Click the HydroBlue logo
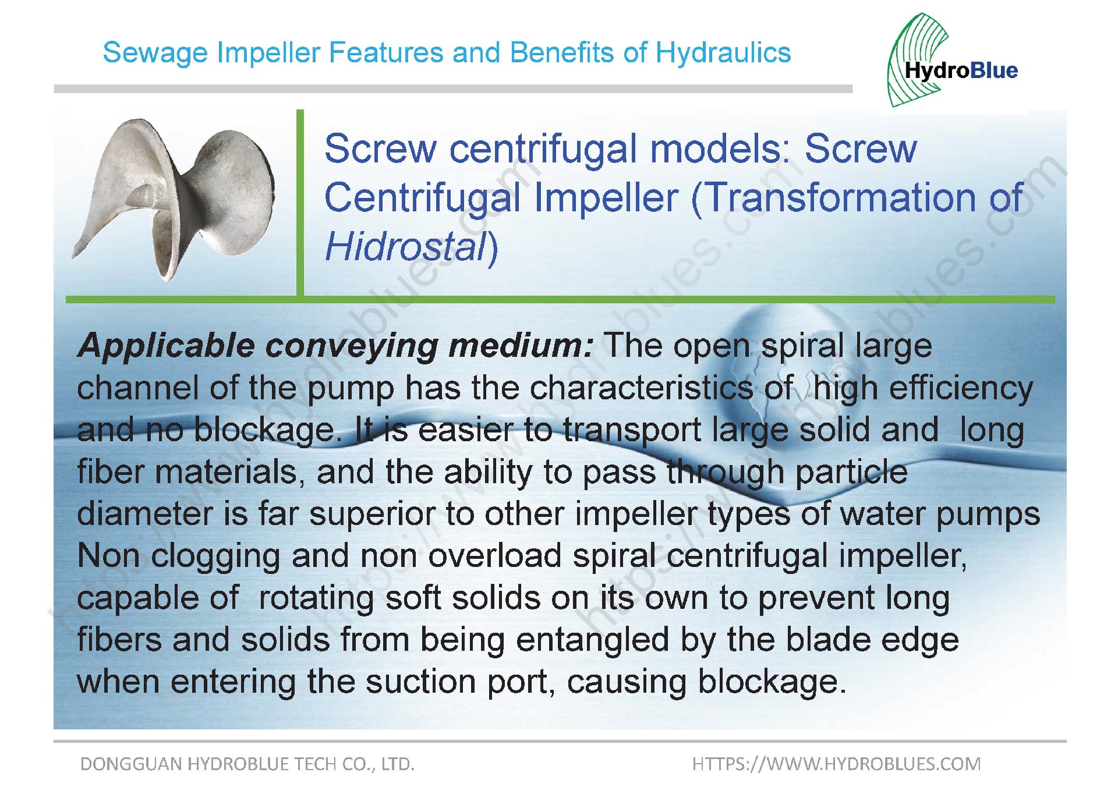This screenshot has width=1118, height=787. coord(953,61)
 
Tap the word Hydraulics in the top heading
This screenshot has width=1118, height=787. coord(723,53)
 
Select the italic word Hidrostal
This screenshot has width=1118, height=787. coord(405,246)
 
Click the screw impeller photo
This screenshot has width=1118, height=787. coord(173,200)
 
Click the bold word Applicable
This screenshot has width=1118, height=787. coord(166,346)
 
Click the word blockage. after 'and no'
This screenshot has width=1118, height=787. coord(268,430)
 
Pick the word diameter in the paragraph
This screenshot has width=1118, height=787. coord(146,514)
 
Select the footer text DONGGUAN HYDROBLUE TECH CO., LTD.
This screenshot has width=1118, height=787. coord(247,764)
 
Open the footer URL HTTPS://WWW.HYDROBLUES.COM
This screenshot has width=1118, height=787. coord(836,764)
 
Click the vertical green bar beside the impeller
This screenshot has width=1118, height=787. coord(300,203)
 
